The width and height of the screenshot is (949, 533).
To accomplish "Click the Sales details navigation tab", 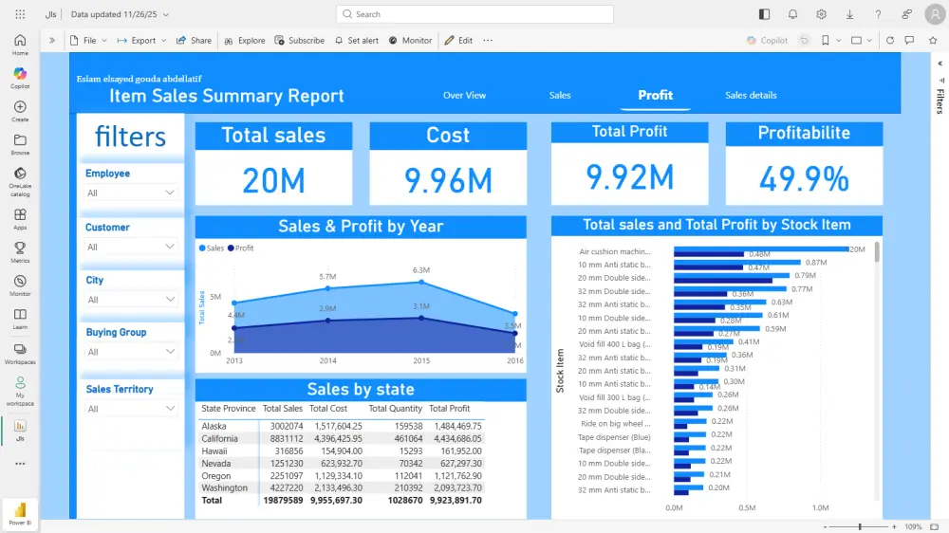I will pyautogui.click(x=751, y=95).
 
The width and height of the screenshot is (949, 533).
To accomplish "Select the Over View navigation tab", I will pyautogui.click(x=464, y=95).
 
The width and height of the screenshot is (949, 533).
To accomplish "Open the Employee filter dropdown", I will pyautogui.click(x=131, y=193).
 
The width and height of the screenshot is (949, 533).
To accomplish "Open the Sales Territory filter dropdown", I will pyautogui.click(x=131, y=409).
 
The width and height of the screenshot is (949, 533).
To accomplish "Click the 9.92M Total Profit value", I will pyautogui.click(x=629, y=177).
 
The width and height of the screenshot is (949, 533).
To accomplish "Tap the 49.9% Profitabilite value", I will pyautogui.click(x=804, y=178).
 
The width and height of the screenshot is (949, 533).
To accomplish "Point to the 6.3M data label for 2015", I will pyautogui.click(x=421, y=270).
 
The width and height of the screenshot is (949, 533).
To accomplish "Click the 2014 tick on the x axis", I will pyautogui.click(x=327, y=360).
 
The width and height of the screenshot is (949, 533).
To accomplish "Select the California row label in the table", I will pyautogui.click(x=220, y=438).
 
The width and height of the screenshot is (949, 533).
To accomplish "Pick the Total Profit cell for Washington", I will pyautogui.click(x=455, y=487).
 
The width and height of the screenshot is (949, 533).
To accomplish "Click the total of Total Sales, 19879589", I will pyautogui.click(x=283, y=500).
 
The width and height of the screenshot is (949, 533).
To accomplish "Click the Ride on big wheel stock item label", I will pyautogui.click(x=615, y=424).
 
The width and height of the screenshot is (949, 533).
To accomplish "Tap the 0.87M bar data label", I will pyautogui.click(x=815, y=263).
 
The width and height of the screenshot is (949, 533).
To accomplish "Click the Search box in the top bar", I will pyautogui.click(x=474, y=14).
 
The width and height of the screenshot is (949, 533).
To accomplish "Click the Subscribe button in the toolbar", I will pyautogui.click(x=300, y=41).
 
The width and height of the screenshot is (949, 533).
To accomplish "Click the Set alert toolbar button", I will pyautogui.click(x=357, y=41).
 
